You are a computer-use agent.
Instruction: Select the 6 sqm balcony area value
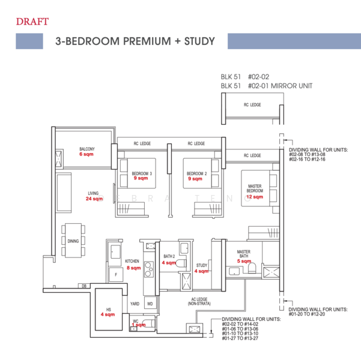(87, 154)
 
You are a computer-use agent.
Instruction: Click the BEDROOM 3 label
(142, 173)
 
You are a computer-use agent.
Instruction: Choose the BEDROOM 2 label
(196, 173)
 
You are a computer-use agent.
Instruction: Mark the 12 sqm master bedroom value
(255, 196)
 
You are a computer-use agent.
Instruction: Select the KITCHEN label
(132, 262)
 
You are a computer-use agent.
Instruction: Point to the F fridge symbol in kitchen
(114, 274)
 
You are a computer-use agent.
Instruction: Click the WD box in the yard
(150, 304)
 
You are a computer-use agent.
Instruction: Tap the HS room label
(108, 308)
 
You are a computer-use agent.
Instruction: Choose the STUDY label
(202, 265)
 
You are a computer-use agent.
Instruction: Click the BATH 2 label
(169, 256)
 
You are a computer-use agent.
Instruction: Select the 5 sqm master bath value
(243, 261)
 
